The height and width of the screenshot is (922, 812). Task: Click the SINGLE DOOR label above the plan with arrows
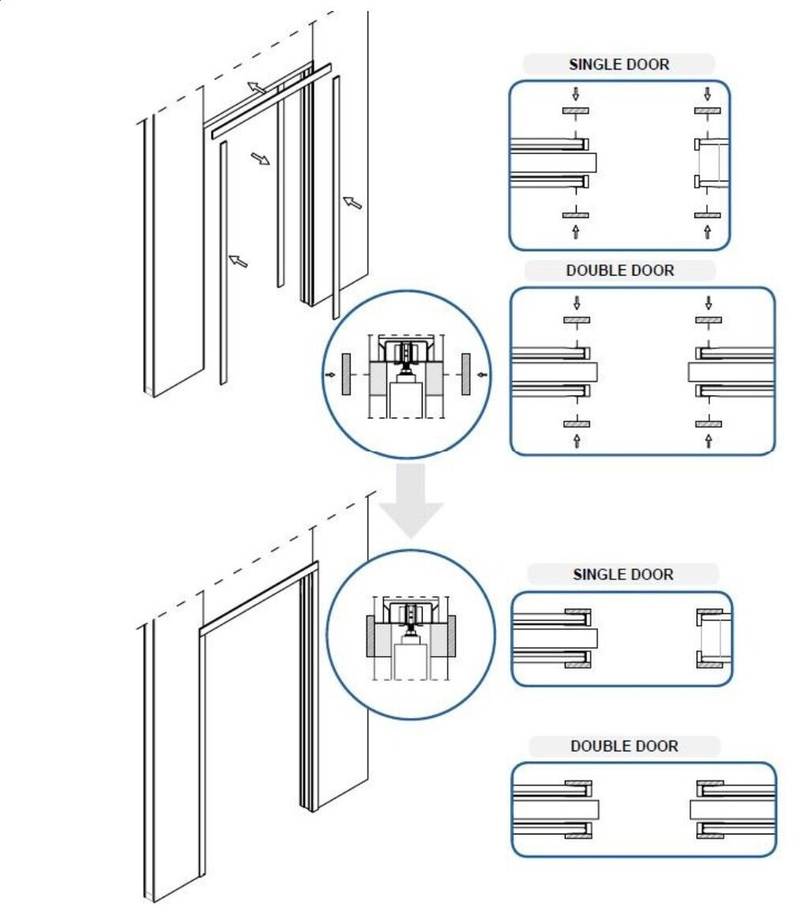(618, 65)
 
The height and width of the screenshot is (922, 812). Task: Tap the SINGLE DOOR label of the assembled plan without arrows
(623, 575)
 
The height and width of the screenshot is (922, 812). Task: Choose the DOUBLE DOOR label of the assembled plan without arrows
(624, 746)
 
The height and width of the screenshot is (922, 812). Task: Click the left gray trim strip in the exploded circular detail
(345, 374)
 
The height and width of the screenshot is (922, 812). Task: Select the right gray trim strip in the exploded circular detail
(465, 374)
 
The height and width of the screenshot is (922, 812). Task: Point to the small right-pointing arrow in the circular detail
(329, 374)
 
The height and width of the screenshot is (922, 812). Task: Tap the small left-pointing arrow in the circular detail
(481, 374)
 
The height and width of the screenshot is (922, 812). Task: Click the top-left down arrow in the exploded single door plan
(574, 93)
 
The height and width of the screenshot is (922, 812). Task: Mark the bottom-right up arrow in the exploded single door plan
(707, 232)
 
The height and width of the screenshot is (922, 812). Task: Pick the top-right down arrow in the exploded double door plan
(708, 302)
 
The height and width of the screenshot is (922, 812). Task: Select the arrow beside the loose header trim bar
(256, 87)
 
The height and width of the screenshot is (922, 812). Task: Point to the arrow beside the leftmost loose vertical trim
(238, 260)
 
